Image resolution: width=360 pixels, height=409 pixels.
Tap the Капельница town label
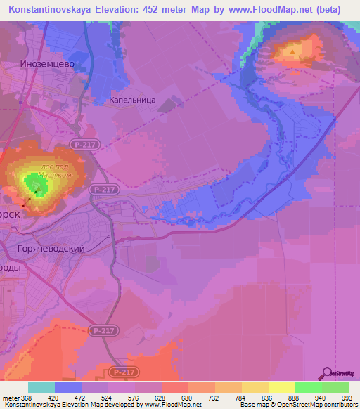(132, 100)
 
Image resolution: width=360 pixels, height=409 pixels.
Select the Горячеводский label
(51, 249)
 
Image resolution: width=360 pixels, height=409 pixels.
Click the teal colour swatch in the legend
(41, 387)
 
